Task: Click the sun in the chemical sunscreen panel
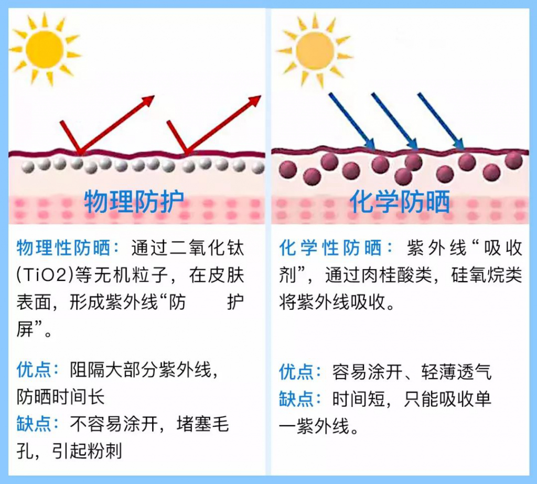coord(315,50)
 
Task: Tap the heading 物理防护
coord(134,202)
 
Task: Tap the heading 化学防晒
coord(400,202)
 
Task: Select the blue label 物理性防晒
coord(64,248)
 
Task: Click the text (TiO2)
coord(44,275)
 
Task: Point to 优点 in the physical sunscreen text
coord(34,370)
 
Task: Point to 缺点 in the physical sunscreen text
coord(34,424)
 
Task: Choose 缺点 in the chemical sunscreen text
coord(296,399)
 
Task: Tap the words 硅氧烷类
coord(487,275)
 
